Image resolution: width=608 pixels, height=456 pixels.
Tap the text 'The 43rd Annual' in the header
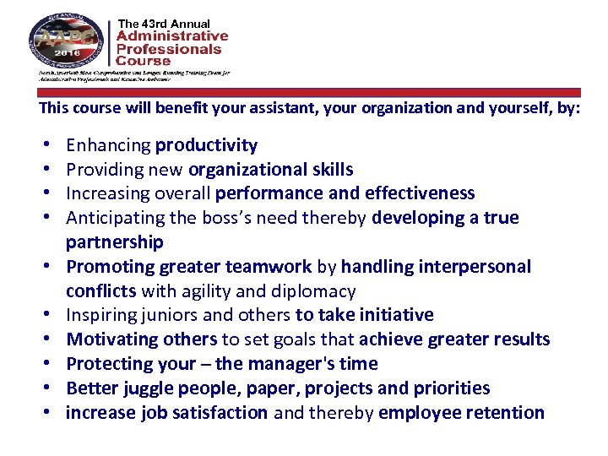(x=165, y=23)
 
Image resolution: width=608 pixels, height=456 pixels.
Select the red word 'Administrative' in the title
(x=172, y=36)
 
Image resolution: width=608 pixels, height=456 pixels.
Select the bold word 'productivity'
(x=207, y=145)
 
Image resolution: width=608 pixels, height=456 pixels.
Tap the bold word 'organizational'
(x=245, y=170)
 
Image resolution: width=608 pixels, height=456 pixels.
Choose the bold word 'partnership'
(x=115, y=242)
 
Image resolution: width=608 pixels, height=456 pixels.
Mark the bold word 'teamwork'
(x=269, y=267)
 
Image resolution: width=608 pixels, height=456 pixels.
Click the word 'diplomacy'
(x=315, y=291)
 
